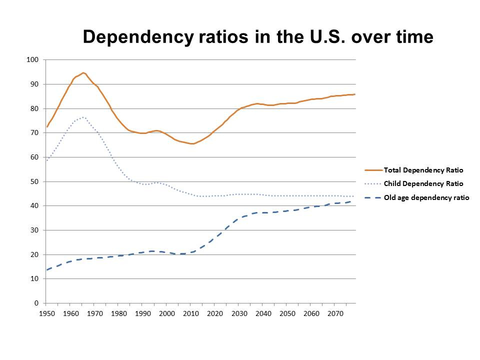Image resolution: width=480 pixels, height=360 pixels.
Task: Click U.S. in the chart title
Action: (x=316, y=36)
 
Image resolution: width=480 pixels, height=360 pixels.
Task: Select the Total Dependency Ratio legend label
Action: (x=423, y=170)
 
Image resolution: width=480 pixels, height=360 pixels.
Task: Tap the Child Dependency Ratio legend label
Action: (x=423, y=183)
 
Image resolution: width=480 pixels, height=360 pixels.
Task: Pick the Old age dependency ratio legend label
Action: (x=426, y=197)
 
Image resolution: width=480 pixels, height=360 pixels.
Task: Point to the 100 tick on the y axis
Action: (x=32, y=60)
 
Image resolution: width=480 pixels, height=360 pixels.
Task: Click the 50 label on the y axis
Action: (x=34, y=181)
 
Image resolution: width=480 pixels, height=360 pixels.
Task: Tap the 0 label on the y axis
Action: (x=36, y=303)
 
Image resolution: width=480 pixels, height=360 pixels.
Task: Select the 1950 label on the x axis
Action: (x=45, y=313)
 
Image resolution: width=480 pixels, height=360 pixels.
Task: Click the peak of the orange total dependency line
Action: (x=83, y=72)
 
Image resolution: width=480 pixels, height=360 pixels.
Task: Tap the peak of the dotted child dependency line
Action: (x=82, y=117)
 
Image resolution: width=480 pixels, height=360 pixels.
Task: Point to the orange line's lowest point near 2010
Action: (x=192, y=143)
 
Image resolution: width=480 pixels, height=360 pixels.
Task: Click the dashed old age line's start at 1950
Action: (x=46, y=270)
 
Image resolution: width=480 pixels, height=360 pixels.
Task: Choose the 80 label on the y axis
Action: (x=34, y=108)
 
